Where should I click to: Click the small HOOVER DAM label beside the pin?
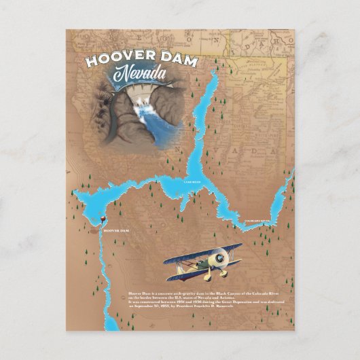[115, 231]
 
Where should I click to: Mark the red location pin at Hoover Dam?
[102, 219]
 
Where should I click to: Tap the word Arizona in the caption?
[224, 298]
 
